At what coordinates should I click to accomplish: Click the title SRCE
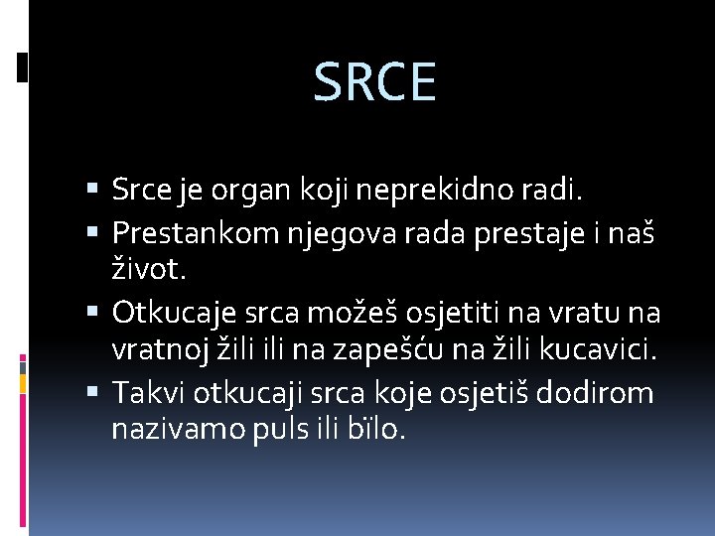click(374, 82)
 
